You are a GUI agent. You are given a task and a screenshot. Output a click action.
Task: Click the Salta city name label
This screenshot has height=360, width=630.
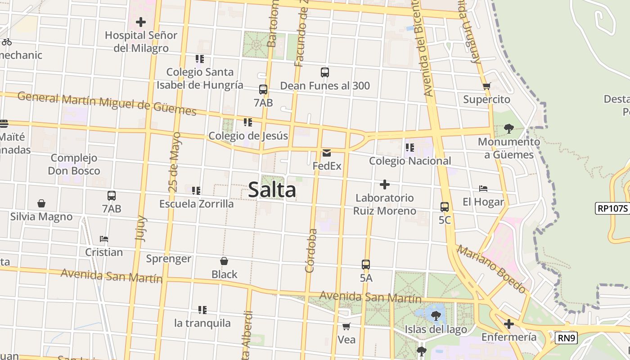(x=272, y=190)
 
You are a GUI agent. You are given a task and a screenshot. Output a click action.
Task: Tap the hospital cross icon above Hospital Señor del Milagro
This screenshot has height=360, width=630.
(x=141, y=22)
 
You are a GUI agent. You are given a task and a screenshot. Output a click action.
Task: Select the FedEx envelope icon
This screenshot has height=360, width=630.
(x=327, y=153)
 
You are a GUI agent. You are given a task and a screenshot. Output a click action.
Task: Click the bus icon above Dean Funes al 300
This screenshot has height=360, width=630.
(x=325, y=72)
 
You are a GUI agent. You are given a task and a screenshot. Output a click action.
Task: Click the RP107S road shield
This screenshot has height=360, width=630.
(x=612, y=208)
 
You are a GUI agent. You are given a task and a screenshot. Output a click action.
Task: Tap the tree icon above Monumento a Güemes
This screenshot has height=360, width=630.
(x=508, y=129)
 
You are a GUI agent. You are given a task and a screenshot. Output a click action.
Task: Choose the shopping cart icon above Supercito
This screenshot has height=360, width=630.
(x=486, y=86)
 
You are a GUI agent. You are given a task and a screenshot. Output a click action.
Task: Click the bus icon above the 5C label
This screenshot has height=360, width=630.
(x=445, y=207)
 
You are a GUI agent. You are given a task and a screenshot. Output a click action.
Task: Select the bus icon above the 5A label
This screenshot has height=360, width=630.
(x=366, y=265)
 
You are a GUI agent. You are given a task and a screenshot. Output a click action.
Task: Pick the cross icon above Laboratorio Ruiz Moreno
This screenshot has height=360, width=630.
(x=385, y=184)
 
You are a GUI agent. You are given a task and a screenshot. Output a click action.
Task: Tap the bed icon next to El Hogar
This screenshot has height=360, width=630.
(x=483, y=189)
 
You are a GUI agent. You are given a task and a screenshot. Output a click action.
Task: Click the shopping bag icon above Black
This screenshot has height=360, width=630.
(x=224, y=261)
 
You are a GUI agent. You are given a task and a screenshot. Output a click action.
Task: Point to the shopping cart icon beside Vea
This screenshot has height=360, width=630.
(x=346, y=326)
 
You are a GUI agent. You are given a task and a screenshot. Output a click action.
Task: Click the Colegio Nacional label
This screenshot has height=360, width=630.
(x=409, y=161)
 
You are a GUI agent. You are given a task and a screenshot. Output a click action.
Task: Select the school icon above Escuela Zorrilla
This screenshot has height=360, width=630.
(x=196, y=191)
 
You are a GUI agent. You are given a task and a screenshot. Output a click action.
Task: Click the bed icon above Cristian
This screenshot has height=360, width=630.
(x=104, y=239)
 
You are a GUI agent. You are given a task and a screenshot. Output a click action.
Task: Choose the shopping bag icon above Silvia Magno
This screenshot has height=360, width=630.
(x=41, y=203)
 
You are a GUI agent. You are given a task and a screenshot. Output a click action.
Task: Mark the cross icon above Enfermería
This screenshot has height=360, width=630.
(x=508, y=324)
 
